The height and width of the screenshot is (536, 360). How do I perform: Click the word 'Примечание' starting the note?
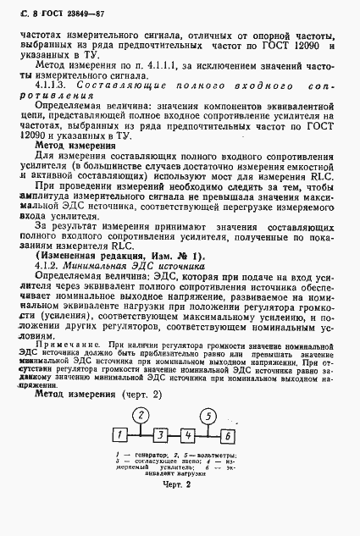(64, 345)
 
